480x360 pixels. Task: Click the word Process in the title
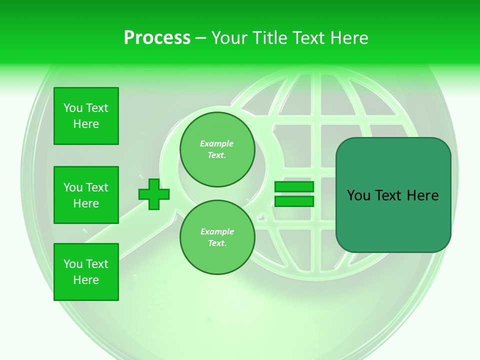[157, 38]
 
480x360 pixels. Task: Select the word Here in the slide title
[348, 38]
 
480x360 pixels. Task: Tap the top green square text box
[86, 116]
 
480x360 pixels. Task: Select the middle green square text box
[86, 195]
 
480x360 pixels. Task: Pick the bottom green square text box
[86, 272]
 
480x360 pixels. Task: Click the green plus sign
[154, 193]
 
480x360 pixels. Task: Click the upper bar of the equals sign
[294, 187]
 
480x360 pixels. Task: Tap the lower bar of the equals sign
[294, 201]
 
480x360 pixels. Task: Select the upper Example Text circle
[217, 149]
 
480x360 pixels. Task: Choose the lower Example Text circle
[217, 237]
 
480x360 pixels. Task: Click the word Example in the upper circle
[216, 144]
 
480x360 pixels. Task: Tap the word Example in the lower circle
[217, 232]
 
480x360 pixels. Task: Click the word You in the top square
[73, 108]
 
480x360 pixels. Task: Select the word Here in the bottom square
[86, 280]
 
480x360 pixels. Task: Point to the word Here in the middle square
[86, 203]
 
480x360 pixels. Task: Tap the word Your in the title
[228, 38]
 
